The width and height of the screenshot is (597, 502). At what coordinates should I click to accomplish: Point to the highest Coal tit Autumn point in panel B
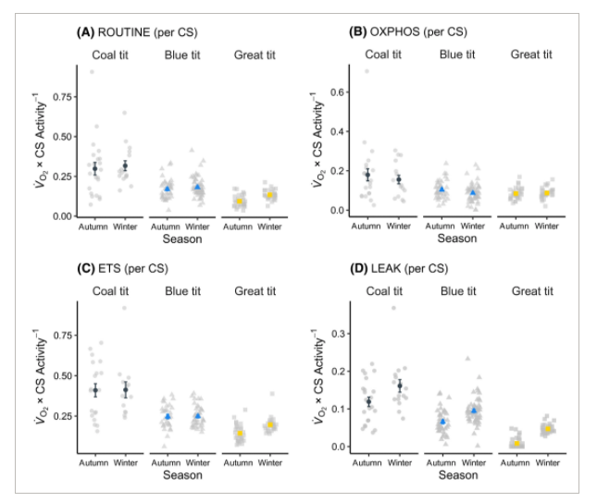pyautogui.click(x=367, y=71)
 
